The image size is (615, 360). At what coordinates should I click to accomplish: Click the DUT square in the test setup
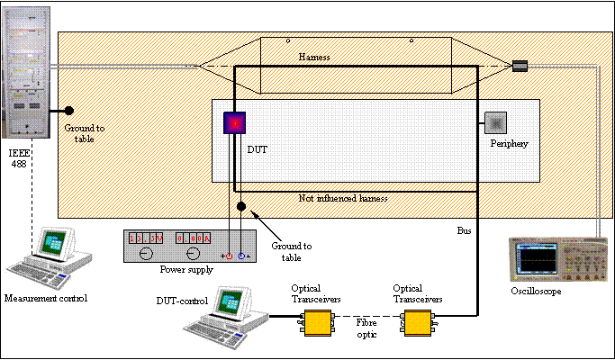(x=236, y=121)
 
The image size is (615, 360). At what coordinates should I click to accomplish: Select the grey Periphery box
(x=497, y=122)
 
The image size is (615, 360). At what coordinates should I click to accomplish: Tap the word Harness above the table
(x=316, y=56)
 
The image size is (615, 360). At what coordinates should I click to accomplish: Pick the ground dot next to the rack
(x=68, y=111)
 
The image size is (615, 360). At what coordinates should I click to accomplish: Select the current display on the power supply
(x=193, y=238)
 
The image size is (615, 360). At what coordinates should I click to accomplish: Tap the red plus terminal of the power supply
(x=229, y=256)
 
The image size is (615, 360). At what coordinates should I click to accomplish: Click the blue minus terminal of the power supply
(x=241, y=256)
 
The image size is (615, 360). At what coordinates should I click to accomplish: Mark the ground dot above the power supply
(x=241, y=206)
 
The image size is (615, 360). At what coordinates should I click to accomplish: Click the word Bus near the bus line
(x=465, y=230)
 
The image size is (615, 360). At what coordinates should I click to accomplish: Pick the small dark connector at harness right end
(x=520, y=65)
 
